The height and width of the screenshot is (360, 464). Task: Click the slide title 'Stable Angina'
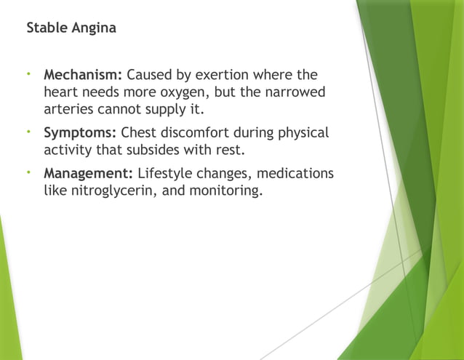[71, 29]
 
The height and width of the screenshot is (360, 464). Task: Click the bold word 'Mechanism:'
[84, 75]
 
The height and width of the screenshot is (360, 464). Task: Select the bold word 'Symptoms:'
[80, 133]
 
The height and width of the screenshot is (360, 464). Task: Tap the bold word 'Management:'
[88, 174]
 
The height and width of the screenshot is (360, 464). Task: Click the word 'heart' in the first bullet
[62, 93]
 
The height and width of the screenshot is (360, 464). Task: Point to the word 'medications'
[295, 174]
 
